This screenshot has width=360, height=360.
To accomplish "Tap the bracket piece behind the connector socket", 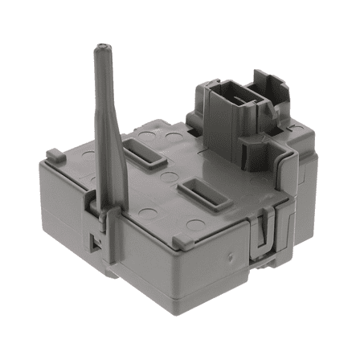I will (268, 88).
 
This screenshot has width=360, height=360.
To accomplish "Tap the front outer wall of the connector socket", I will (224, 129).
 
